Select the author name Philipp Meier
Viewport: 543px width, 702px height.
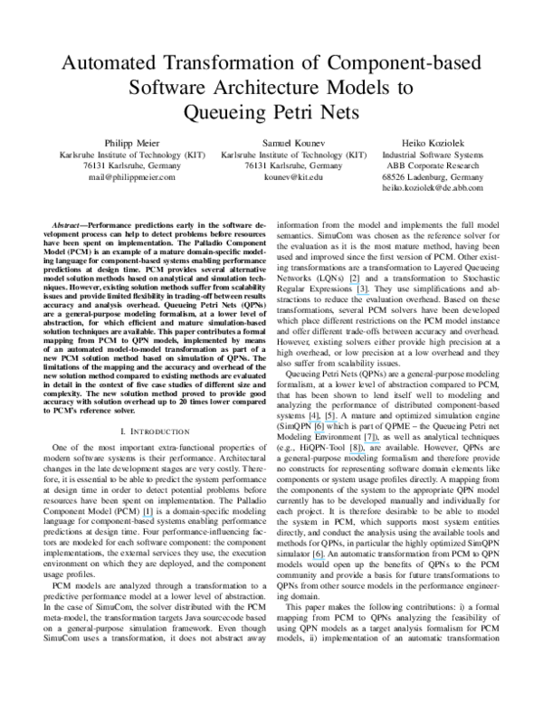pyautogui.click(x=129, y=143)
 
